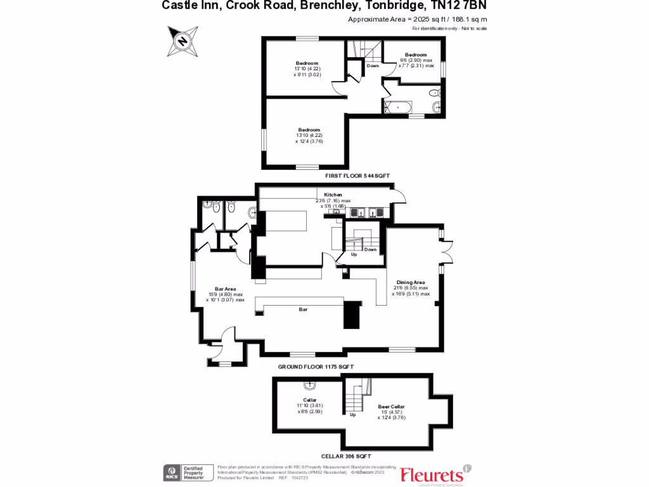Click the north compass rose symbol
(x=182, y=41)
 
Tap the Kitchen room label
(x=333, y=195)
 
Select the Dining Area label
(x=411, y=282)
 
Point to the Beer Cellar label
(x=391, y=406)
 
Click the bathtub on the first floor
(x=397, y=107)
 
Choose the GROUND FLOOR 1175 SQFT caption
(x=316, y=367)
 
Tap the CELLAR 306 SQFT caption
(x=345, y=456)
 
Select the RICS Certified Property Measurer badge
(x=188, y=472)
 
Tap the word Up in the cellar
(x=353, y=415)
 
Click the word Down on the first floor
(x=373, y=66)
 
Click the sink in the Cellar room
(x=310, y=385)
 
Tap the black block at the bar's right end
(x=351, y=315)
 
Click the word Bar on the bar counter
(x=304, y=309)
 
